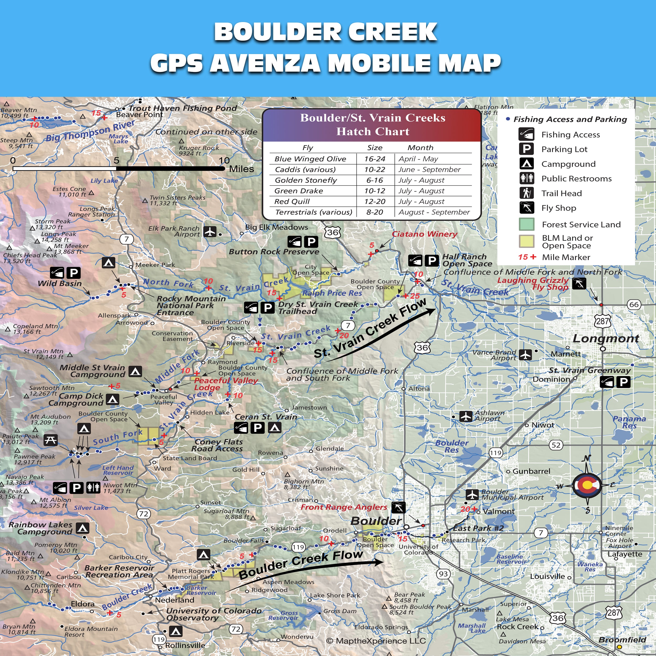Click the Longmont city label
pos(606,338)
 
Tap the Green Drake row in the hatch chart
pos(372,191)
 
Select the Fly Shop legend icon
pos(526,208)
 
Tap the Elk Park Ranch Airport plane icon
pos(210,232)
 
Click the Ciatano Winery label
pos(424,234)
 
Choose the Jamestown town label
pos(309,408)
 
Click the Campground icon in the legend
pos(526,164)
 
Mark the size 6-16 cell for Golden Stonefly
pos(374,180)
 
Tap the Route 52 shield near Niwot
pos(556,445)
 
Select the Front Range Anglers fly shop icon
pos(398,507)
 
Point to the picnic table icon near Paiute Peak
pos(51,440)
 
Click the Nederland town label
pos(174,600)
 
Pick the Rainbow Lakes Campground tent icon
pos(82,528)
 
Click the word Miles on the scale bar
pos(241,169)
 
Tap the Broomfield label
pos(622,640)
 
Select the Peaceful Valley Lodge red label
pos(226,384)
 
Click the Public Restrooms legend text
pos(576,179)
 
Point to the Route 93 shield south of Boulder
pos(443,574)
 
